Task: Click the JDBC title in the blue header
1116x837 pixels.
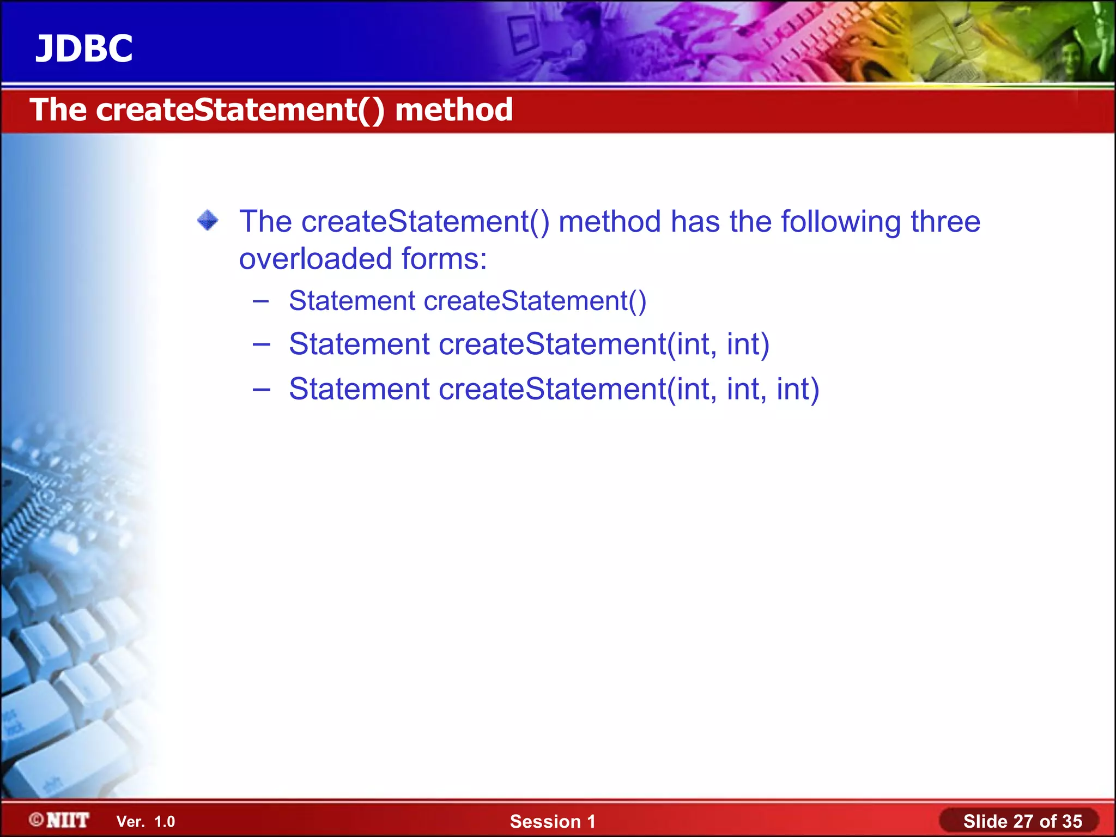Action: click(x=84, y=49)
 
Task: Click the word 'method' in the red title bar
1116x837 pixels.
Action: click(x=453, y=110)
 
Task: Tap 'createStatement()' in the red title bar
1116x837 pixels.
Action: click(x=240, y=110)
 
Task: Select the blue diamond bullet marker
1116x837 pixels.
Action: click(x=208, y=221)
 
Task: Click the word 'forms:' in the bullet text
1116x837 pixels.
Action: click(x=444, y=259)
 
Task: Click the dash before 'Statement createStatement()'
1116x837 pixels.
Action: click(x=261, y=301)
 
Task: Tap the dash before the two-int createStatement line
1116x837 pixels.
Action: click(x=261, y=344)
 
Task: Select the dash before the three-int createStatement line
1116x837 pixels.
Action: click(x=261, y=389)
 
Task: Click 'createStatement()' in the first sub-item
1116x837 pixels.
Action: click(x=535, y=301)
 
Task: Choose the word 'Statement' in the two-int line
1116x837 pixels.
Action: click(x=359, y=344)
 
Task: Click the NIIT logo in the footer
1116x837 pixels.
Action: click(x=60, y=820)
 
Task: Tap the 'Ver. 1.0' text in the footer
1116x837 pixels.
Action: click(x=145, y=822)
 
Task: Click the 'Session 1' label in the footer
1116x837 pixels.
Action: click(x=552, y=821)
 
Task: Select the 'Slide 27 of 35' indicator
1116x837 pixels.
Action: click(x=1022, y=821)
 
